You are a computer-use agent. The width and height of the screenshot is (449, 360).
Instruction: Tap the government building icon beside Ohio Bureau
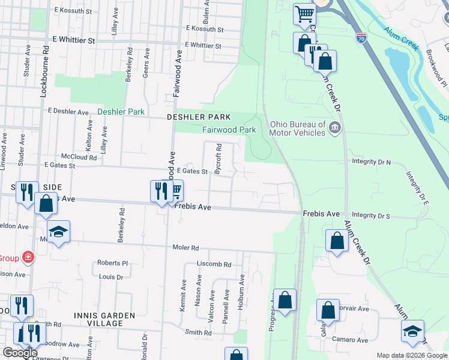(335, 127)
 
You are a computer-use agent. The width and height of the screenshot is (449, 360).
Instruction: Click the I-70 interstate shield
(361, 38)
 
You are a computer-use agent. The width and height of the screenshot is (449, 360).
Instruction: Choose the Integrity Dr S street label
(371, 215)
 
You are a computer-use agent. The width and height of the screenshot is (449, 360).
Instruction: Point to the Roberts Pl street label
(113, 263)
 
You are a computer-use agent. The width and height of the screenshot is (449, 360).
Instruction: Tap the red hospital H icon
(28, 258)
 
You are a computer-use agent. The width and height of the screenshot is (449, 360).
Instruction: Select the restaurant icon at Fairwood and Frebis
(160, 191)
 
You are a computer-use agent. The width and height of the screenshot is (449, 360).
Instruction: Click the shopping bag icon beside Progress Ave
(286, 299)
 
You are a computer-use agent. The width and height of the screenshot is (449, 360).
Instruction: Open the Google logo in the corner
(20, 353)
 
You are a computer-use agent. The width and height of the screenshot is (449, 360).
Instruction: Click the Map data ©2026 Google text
(411, 355)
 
